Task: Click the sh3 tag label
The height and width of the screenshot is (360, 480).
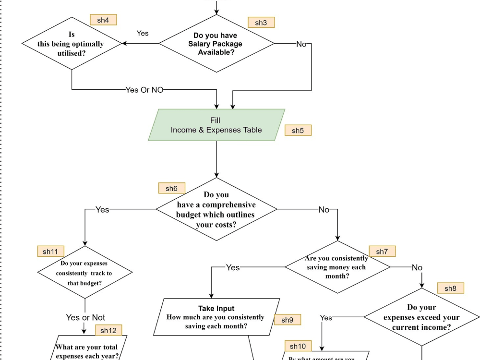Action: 261,23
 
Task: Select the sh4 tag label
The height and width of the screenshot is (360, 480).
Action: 103,20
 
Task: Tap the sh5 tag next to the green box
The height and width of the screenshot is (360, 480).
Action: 298,130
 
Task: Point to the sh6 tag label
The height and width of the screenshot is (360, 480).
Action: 171,188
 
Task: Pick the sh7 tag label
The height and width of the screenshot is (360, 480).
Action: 382,251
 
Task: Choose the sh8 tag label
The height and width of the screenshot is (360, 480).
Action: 450,288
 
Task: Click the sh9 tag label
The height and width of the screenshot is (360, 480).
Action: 288,320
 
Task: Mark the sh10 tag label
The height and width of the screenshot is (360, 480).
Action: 298,346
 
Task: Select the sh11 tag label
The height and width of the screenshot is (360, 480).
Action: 50,251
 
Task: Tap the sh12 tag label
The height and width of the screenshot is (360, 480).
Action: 108,330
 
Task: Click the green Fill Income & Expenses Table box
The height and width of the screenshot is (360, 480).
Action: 216,125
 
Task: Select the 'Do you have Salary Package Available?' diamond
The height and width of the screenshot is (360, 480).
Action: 216,44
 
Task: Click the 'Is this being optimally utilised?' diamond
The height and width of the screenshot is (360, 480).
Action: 72,44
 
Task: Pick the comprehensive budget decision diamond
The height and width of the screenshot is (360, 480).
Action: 216,209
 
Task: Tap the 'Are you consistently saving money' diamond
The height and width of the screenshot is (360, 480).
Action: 337,267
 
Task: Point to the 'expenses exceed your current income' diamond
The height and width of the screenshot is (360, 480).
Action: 421,317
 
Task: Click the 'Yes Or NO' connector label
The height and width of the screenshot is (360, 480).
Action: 144,90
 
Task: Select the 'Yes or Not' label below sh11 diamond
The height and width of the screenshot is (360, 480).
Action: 85,317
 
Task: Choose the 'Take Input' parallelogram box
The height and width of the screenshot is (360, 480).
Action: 216,317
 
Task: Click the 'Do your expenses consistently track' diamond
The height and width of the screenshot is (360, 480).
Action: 84,273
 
